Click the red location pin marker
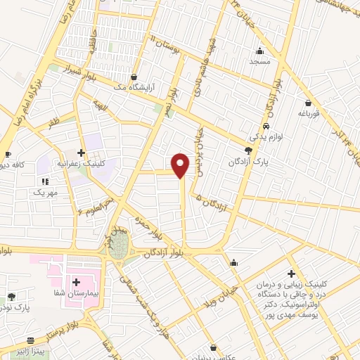181,164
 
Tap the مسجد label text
260,61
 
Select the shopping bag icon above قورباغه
308,103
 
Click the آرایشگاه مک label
134,88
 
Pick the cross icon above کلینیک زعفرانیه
82,152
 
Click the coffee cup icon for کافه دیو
8,155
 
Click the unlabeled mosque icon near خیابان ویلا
234,263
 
